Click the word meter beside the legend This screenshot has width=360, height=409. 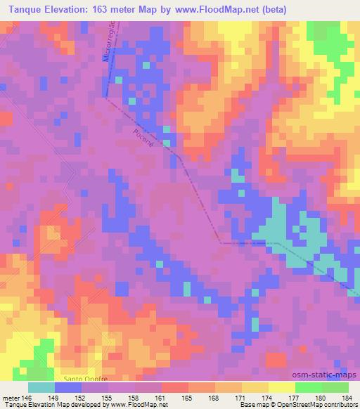point(11,398)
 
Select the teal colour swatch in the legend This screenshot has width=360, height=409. point(41,387)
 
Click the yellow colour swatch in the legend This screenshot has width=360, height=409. point(281,387)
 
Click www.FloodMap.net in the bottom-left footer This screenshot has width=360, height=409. point(134,405)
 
